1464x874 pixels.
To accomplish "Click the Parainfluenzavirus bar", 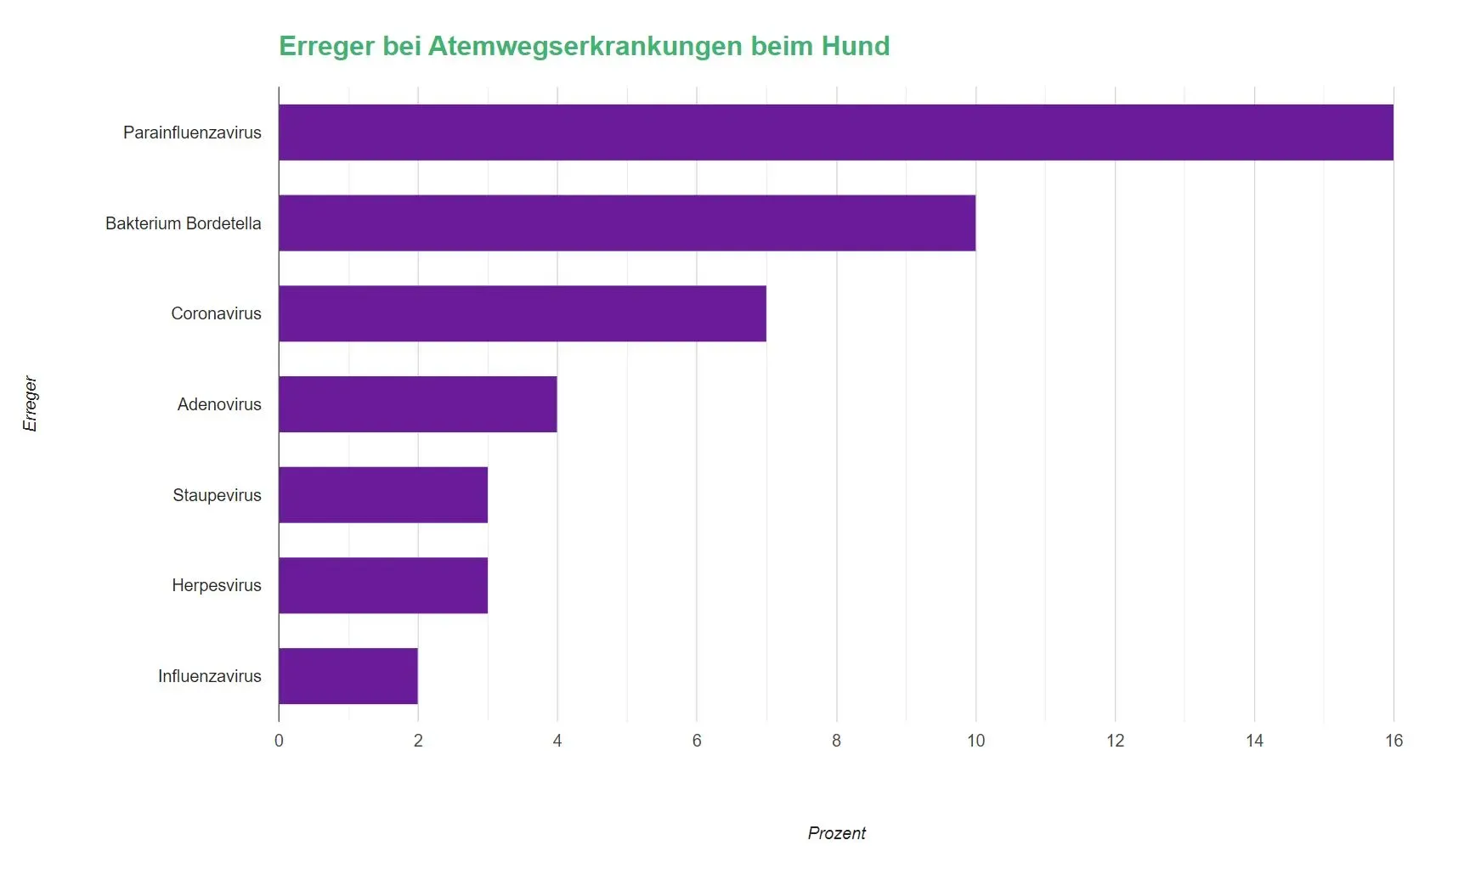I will click(836, 133).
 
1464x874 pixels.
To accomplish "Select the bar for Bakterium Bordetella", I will click(627, 223).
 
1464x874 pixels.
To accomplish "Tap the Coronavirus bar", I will click(523, 313).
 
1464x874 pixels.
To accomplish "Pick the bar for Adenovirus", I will click(418, 404).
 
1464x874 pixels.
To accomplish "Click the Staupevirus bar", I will click(383, 495).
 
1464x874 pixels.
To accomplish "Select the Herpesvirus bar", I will click(383, 585).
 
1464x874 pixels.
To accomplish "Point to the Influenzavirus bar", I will click(348, 676).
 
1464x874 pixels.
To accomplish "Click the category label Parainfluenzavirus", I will click(192, 133).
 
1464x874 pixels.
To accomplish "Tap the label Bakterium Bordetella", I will click(183, 223).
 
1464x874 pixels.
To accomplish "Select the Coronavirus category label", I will click(216, 313).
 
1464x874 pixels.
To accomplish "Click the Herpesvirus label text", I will click(216, 585).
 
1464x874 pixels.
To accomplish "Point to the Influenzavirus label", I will click(209, 676).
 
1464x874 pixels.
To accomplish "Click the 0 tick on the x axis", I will click(279, 741).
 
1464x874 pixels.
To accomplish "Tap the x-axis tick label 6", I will click(697, 741).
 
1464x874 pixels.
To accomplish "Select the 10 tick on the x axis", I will click(975, 741).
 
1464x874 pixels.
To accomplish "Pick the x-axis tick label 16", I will click(1393, 741).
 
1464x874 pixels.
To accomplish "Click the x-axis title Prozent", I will click(836, 833).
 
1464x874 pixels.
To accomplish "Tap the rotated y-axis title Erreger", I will click(31, 404).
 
